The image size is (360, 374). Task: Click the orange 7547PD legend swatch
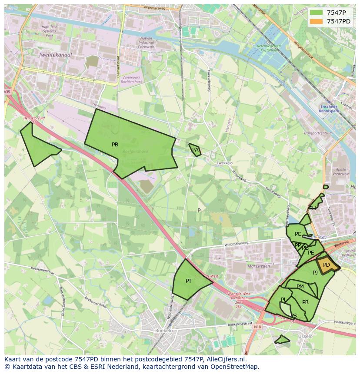pos(316,21)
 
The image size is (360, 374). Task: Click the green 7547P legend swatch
pos(316,13)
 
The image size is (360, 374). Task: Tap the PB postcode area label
pos(115,145)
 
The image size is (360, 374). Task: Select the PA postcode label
pos(195,150)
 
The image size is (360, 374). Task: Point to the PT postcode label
pos(189,281)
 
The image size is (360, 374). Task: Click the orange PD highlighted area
pos(327,265)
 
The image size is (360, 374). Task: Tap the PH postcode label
pos(313,209)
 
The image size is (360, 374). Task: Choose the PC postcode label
pos(298,234)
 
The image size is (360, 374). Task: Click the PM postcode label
pos(300,287)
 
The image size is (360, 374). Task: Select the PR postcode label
pos(305,302)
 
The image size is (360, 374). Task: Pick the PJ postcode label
pos(315,273)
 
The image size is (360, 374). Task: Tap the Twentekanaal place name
pos(55,55)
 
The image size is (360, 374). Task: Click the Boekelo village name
pos(163,331)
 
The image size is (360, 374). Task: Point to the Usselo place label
pos(305,336)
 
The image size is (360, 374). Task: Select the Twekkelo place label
pos(224,163)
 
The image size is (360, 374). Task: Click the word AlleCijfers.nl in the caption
pos(227,359)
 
